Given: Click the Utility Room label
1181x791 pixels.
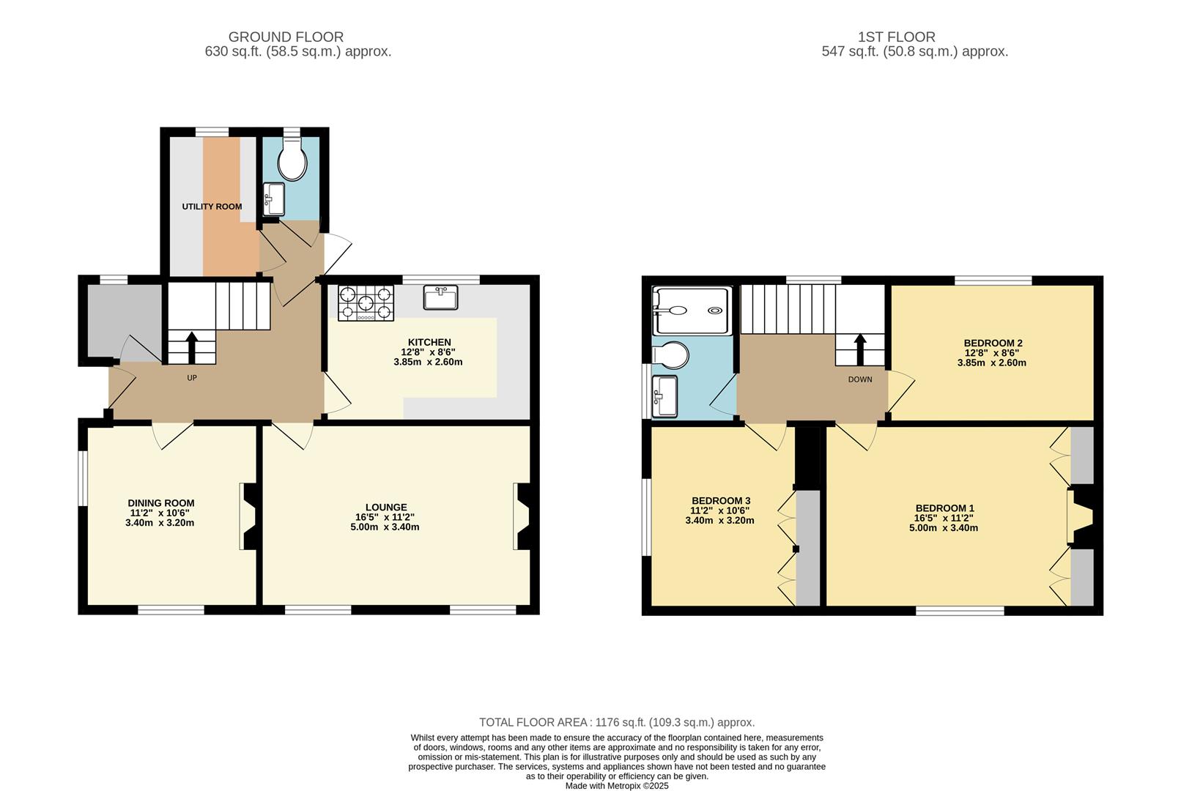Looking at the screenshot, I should (212, 207).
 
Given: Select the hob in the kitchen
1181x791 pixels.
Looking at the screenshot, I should (366, 303).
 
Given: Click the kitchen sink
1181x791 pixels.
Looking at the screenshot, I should (440, 297).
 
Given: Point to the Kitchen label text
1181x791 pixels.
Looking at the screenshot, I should (429, 342).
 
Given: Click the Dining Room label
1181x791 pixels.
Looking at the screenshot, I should (161, 503).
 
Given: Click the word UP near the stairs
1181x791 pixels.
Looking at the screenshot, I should (192, 378).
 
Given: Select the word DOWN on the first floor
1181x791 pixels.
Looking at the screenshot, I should (860, 379).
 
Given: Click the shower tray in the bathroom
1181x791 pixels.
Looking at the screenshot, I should (692, 310).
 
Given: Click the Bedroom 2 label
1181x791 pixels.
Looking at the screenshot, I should (993, 343).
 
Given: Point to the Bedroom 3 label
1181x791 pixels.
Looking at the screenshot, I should (720, 501).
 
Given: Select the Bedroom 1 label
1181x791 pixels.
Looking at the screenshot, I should (945, 508).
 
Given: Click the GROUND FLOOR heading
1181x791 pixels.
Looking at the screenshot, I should (286, 37).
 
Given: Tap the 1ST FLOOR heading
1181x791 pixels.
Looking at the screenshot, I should (896, 37).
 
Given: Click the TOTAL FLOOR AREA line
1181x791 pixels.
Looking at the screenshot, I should (617, 722).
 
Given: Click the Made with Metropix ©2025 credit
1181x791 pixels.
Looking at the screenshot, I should (617, 786).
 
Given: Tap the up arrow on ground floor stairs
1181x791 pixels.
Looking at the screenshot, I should (192, 346).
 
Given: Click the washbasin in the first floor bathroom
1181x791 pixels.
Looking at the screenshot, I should (665, 396).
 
